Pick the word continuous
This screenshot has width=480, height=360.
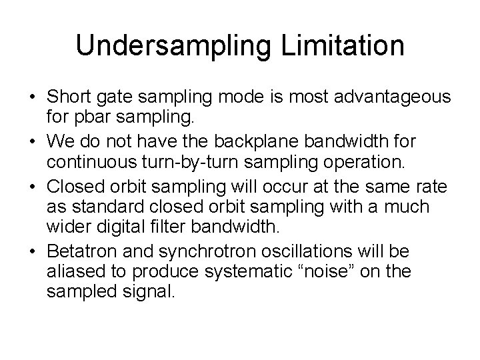(87, 161)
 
